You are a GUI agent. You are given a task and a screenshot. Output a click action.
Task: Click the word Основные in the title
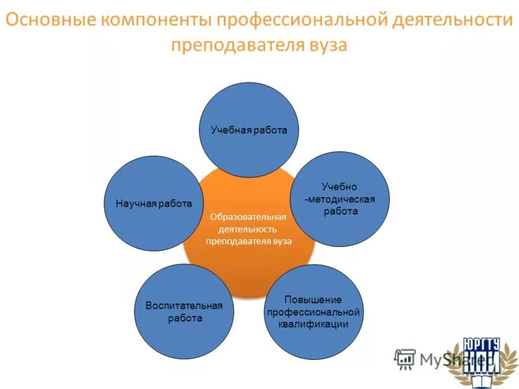point(49,21)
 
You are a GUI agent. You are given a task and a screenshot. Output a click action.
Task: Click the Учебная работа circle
point(248,130)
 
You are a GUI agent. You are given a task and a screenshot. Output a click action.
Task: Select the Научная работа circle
point(154,203)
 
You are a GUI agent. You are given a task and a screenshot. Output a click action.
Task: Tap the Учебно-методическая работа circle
point(340,200)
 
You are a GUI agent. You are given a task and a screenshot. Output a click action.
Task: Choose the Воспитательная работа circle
point(184,311)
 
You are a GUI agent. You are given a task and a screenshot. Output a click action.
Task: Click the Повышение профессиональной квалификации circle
point(313,312)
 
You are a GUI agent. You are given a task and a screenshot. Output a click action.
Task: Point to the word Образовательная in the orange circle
point(248,217)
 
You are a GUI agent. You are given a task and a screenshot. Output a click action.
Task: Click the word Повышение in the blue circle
point(313,300)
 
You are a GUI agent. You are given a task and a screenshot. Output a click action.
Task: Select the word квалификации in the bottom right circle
point(313,324)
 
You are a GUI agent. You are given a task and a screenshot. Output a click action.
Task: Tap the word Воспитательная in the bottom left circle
point(184,305)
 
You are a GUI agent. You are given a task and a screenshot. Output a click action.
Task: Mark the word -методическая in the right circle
point(340,200)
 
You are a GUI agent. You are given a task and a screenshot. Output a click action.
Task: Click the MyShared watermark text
point(444,358)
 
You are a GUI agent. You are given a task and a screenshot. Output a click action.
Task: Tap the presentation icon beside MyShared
point(405,359)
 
